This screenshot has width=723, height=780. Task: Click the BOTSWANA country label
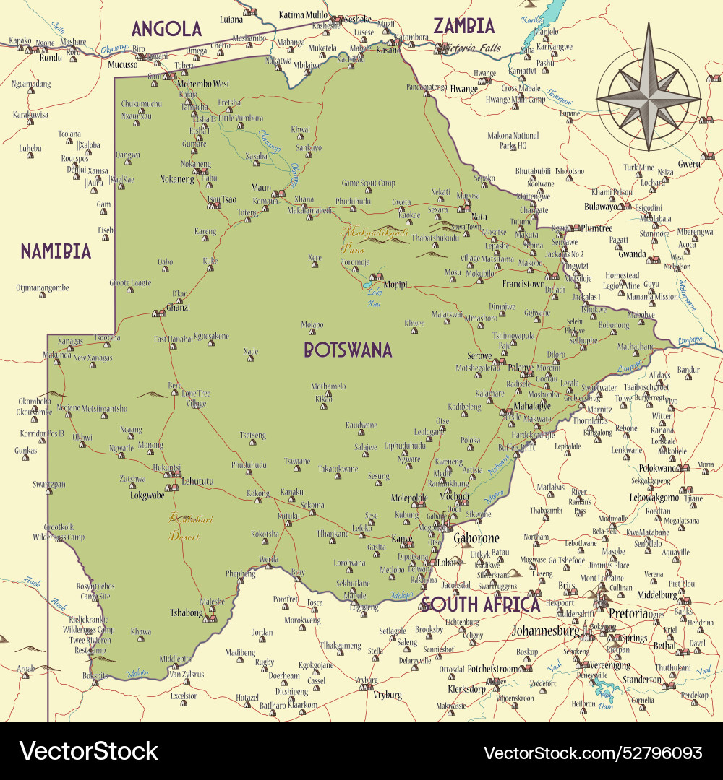(348, 350)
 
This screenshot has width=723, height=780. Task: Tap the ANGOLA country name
(166, 30)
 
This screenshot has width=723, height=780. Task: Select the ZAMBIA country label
(463, 27)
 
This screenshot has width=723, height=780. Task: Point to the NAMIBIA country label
(56, 251)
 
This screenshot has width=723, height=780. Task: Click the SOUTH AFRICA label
(480, 604)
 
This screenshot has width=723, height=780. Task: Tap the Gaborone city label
(476, 539)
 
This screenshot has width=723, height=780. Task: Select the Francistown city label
(523, 284)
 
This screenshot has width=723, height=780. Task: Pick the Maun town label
(261, 188)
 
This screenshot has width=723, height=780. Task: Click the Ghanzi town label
(178, 307)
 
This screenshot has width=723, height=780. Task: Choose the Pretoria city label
(628, 613)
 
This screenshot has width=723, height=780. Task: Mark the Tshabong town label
(186, 612)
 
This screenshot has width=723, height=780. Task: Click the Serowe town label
(479, 356)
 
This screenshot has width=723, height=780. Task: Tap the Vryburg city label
(388, 695)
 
